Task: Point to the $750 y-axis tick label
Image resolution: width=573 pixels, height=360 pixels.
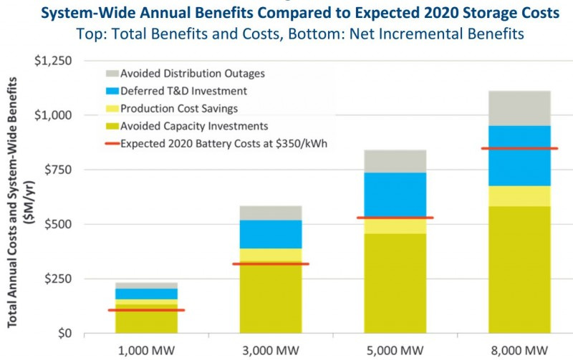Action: pos(57,170)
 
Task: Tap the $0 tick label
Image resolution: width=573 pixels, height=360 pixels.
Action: pos(64,334)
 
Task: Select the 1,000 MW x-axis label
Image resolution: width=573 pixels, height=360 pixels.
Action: pos(147,352)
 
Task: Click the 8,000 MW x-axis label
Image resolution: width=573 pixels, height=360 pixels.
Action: pos(519,352)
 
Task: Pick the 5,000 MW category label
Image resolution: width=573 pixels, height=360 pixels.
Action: pos(395,352)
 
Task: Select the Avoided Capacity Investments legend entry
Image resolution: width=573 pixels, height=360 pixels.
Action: pos(183,127)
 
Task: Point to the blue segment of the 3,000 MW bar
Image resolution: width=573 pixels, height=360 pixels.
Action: pos(271,234)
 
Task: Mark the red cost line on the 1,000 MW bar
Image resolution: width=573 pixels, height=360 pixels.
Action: pos(147,310)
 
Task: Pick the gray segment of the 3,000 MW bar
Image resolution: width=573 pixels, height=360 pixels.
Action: pos(271,213)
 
